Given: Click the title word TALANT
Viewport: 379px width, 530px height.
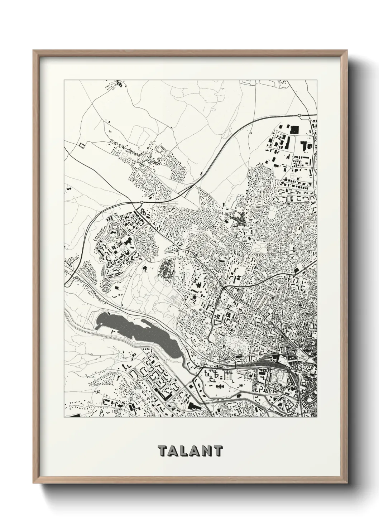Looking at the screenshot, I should click(x=190, y=451).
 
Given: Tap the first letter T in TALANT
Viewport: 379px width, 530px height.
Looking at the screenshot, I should click(x=161, y=451).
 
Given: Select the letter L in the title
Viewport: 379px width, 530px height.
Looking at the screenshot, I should click(x=184, y=451).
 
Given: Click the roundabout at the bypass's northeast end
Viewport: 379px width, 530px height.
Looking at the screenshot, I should click(x=299, y=115).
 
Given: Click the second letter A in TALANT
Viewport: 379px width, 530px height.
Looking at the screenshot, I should click(x=196, y=451).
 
